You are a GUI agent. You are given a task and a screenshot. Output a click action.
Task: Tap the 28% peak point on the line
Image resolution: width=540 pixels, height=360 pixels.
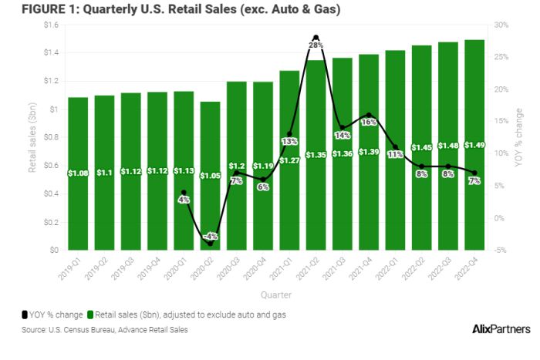(316, 37)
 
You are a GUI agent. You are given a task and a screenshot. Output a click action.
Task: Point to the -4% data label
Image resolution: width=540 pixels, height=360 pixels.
(211, 236)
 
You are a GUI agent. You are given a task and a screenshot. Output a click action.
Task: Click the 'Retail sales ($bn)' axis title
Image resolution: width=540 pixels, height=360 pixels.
(33, 137)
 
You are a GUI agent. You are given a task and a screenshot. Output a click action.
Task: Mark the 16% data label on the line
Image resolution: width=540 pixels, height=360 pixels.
(369, 122)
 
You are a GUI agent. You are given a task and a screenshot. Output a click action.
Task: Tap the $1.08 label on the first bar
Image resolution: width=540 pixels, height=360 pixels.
(78, 172)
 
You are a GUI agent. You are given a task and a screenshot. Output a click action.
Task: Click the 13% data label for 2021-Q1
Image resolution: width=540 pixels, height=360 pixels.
(289, 141)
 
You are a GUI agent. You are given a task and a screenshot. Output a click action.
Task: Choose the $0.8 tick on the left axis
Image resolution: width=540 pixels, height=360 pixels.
(51, 137)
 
